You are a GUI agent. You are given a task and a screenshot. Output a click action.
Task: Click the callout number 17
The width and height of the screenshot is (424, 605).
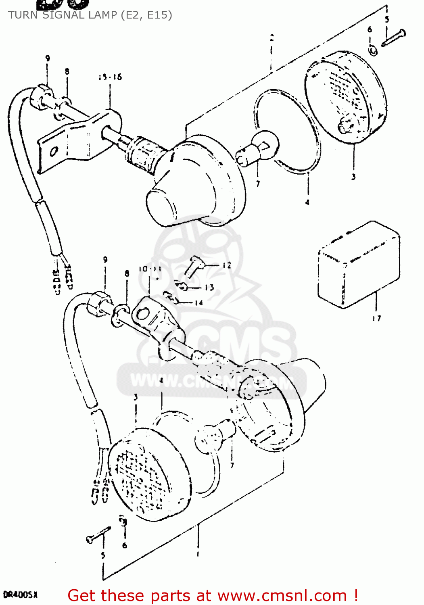376,318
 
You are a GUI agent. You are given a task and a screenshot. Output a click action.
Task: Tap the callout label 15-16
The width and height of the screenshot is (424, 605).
110,77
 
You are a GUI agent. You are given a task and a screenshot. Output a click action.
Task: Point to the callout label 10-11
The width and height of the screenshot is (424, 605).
150,269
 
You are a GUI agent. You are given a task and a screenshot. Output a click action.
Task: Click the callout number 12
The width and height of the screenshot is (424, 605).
227,265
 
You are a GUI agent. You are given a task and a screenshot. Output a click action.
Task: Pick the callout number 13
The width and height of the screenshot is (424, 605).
209,288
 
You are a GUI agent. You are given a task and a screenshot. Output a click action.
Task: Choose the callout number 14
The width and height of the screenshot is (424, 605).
198,302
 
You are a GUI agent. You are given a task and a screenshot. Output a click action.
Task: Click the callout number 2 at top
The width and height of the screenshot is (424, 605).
272,38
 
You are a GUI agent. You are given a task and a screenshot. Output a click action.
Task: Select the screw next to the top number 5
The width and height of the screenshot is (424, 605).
393,38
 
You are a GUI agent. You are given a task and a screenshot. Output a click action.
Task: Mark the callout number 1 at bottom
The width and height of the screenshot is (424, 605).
198,554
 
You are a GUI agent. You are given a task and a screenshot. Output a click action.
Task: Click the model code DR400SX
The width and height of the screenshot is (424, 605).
20,595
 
